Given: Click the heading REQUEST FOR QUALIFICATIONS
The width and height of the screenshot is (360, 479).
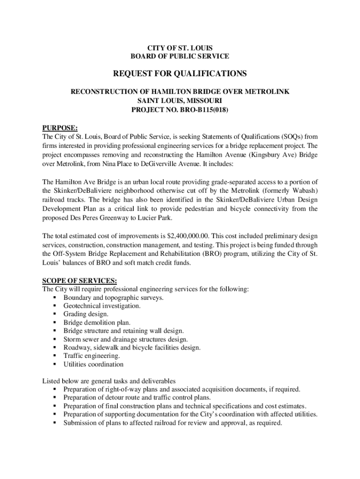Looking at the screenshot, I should [180, 74].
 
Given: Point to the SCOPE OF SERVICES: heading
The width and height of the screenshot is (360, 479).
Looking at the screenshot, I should [73, 281].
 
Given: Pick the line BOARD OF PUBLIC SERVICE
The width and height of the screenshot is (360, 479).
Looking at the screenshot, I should [180, 56].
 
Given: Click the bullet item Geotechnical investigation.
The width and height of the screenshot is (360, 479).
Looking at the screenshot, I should [102, 306].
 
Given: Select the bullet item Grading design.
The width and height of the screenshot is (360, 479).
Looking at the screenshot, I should [86, 314].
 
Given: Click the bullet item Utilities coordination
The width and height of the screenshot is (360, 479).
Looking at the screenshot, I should [94, 364].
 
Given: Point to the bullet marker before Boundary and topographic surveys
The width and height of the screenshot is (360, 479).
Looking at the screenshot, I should [55, 298].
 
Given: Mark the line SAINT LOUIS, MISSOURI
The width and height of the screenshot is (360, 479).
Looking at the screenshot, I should [180, 101].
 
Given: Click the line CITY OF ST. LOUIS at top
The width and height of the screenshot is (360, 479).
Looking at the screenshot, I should [180, 48].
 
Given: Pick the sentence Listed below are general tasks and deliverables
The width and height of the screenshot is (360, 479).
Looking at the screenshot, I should [109, 381].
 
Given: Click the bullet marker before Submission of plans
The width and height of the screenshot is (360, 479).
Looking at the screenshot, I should [55, 423].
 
